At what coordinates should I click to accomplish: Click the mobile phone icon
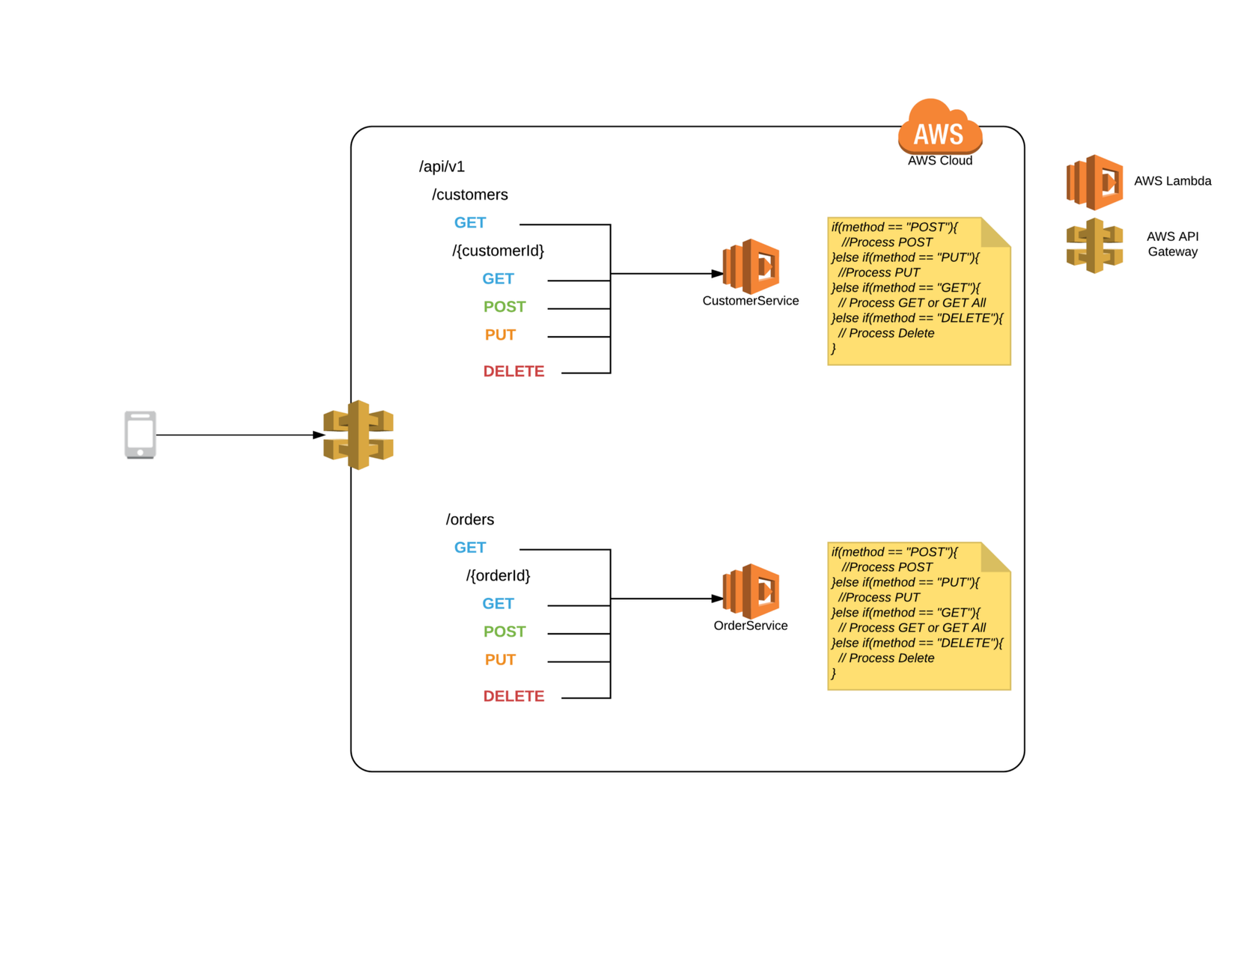(140, 435)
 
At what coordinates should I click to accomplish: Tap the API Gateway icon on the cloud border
(359, 435)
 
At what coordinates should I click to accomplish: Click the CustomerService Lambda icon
(751, 266)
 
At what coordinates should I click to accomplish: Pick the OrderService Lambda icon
(751, 591)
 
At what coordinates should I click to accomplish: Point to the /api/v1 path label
(442, 166)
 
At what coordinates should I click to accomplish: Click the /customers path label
(469, 195)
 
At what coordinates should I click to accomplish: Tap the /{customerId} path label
(498, 251)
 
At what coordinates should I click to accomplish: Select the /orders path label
(469, 519)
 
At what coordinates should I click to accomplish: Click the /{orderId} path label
(498, 575)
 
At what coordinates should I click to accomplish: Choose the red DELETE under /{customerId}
(513, 371)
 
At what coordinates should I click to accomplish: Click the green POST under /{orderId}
(504, 632)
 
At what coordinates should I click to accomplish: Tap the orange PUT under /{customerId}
(500, 334)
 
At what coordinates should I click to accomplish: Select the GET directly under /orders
(470, 548)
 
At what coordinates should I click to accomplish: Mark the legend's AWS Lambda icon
(1094, 182)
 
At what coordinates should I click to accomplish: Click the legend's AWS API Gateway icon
(1094, 245)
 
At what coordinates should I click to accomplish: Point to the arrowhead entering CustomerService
(717, 274)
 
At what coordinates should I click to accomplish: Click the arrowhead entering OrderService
(717, 599)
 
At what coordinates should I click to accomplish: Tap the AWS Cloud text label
(940, 161)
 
